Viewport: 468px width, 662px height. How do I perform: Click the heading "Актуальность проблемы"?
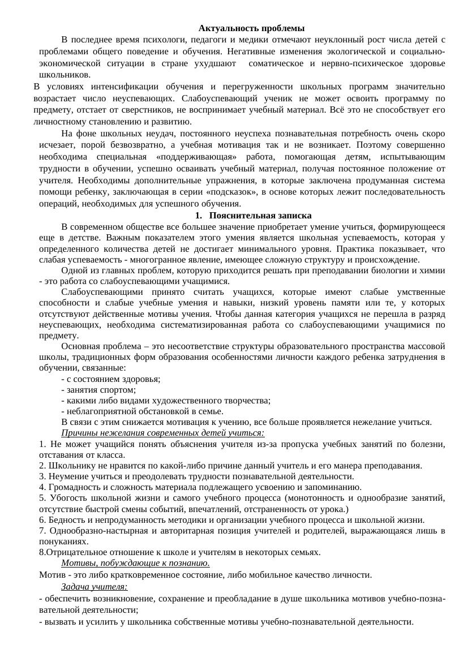pos(251,28)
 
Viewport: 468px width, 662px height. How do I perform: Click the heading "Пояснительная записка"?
pos(260,216)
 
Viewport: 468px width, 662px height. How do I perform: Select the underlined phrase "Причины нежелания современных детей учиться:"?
pos(162,433)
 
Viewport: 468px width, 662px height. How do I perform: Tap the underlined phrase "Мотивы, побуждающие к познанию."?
pos(135,563)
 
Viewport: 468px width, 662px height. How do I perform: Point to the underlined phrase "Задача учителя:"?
pos(94,586)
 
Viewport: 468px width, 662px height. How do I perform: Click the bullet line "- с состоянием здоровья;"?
pos(110,379)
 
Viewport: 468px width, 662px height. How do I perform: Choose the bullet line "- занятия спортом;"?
pos(98,390)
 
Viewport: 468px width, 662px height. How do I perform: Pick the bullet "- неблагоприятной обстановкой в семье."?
pos(142,411)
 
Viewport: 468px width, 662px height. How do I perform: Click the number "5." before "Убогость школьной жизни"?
pos(42,498)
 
